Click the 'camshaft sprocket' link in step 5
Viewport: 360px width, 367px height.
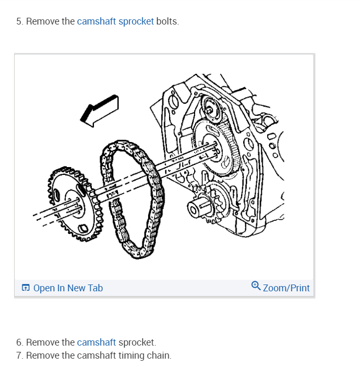(x=115, y=21)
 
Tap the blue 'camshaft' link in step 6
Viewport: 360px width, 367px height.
(x=96, y=342)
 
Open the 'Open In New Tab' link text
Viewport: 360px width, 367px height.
(x=68, y=288)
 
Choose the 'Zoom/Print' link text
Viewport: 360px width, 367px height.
(x=286, y=288)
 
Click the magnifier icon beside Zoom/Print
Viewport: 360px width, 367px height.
(x=256, y=286)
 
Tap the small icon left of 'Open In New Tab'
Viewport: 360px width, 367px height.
(x=26, y=288)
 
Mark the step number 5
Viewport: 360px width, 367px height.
(x=19, y=21)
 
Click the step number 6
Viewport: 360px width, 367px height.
(x=19, y=342)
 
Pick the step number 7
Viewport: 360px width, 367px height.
(x=19, y=356)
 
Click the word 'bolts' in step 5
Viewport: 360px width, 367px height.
(x=167, y=21)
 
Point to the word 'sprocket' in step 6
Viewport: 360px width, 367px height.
(x=137, y=342)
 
